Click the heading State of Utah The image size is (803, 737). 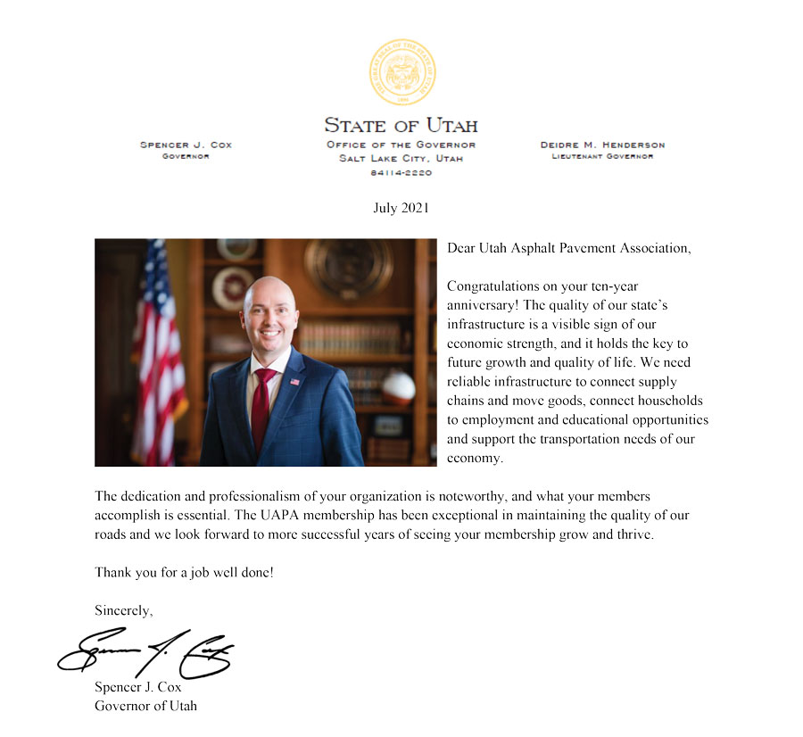click(x=401, y=125)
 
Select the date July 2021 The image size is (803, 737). click(x=401, y=208)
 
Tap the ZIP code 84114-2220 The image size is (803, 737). click(x=401, y=173)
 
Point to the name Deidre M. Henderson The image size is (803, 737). click(x=602, y=145)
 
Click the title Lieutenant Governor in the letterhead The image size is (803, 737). click(x=602, y=156)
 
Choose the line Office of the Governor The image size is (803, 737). click(x=401, y=145)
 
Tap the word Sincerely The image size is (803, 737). click(x=124, y=611)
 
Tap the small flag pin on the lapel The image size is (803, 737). click(x=295, y=382)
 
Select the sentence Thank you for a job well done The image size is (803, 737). click(x=184, y=572)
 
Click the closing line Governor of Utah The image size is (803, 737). click(x=145, y=706)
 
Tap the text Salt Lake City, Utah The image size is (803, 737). click(x=401, y=159)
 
